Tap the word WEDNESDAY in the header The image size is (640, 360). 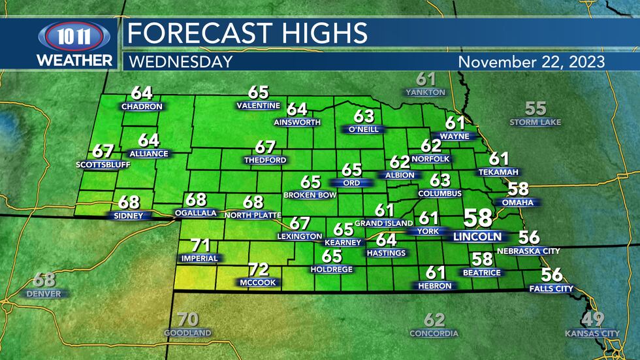[x=180, y=62]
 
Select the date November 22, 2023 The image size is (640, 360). [x=532, y=62]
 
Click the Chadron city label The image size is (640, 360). [x=141, y=106]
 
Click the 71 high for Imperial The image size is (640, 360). [x=200, y=246]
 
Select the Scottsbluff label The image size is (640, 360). [x=103, y=164]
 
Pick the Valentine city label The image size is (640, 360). [x=259, y=105]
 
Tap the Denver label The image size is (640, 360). [x=44, y=294]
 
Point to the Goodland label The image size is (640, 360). [x=187, y=333]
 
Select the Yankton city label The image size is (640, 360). [x=425, y=92]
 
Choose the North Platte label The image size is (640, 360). [x=253, y=214]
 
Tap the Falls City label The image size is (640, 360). [x=551, y=288]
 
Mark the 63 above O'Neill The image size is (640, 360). [x=364, y=116]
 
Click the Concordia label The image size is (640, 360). [x=434, y=333]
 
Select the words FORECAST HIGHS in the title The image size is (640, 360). [x=247, y=32]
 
